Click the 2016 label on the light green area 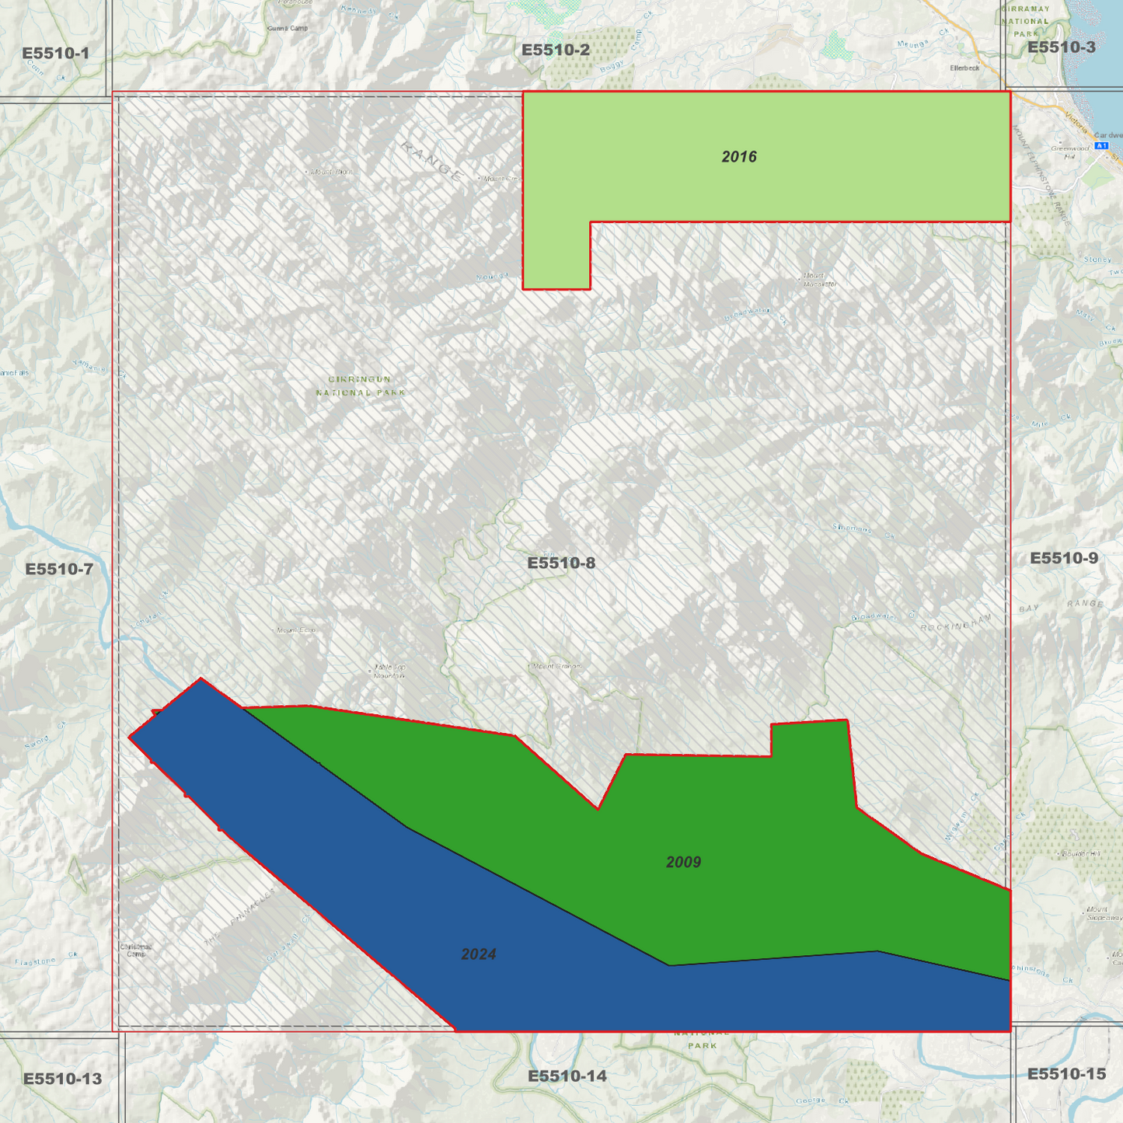pyautogui.click(x=738, y=157)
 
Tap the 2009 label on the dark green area pyautogui.click(x=683, y=862)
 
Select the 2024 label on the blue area pyautogui.click(x=478, y=954)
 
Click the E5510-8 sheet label pyautogui.click(x=561, y=563)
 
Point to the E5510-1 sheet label pyautogui.click(x=55, y=54)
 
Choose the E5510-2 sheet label pyautogui.click(x=555, y=51)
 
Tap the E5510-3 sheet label pyautogui.click(x=1061, y=47)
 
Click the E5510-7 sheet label pyautogui.click(x=59, y=569)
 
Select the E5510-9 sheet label pyautogui.click(x=1063, y=558)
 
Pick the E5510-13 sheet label pyautogui.click(x=62, y=1079)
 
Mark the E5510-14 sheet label pyautogui.click(x=567, y=1076)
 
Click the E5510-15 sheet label pyautogui.click(x=1066, y=1074)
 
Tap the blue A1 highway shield pyautogui.click(x=1100, y=146)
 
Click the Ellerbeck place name pyautogui.click(x=964, y=68)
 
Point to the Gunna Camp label pyautogui.click(x=288, y=28)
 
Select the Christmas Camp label pyautogui.click(x=136, y=950)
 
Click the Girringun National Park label pyautogui.click(x=360, y=385)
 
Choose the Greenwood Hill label pyautogui.click(x=1070, y=151)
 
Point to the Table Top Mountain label pyautogui.click(x=389, y=671)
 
